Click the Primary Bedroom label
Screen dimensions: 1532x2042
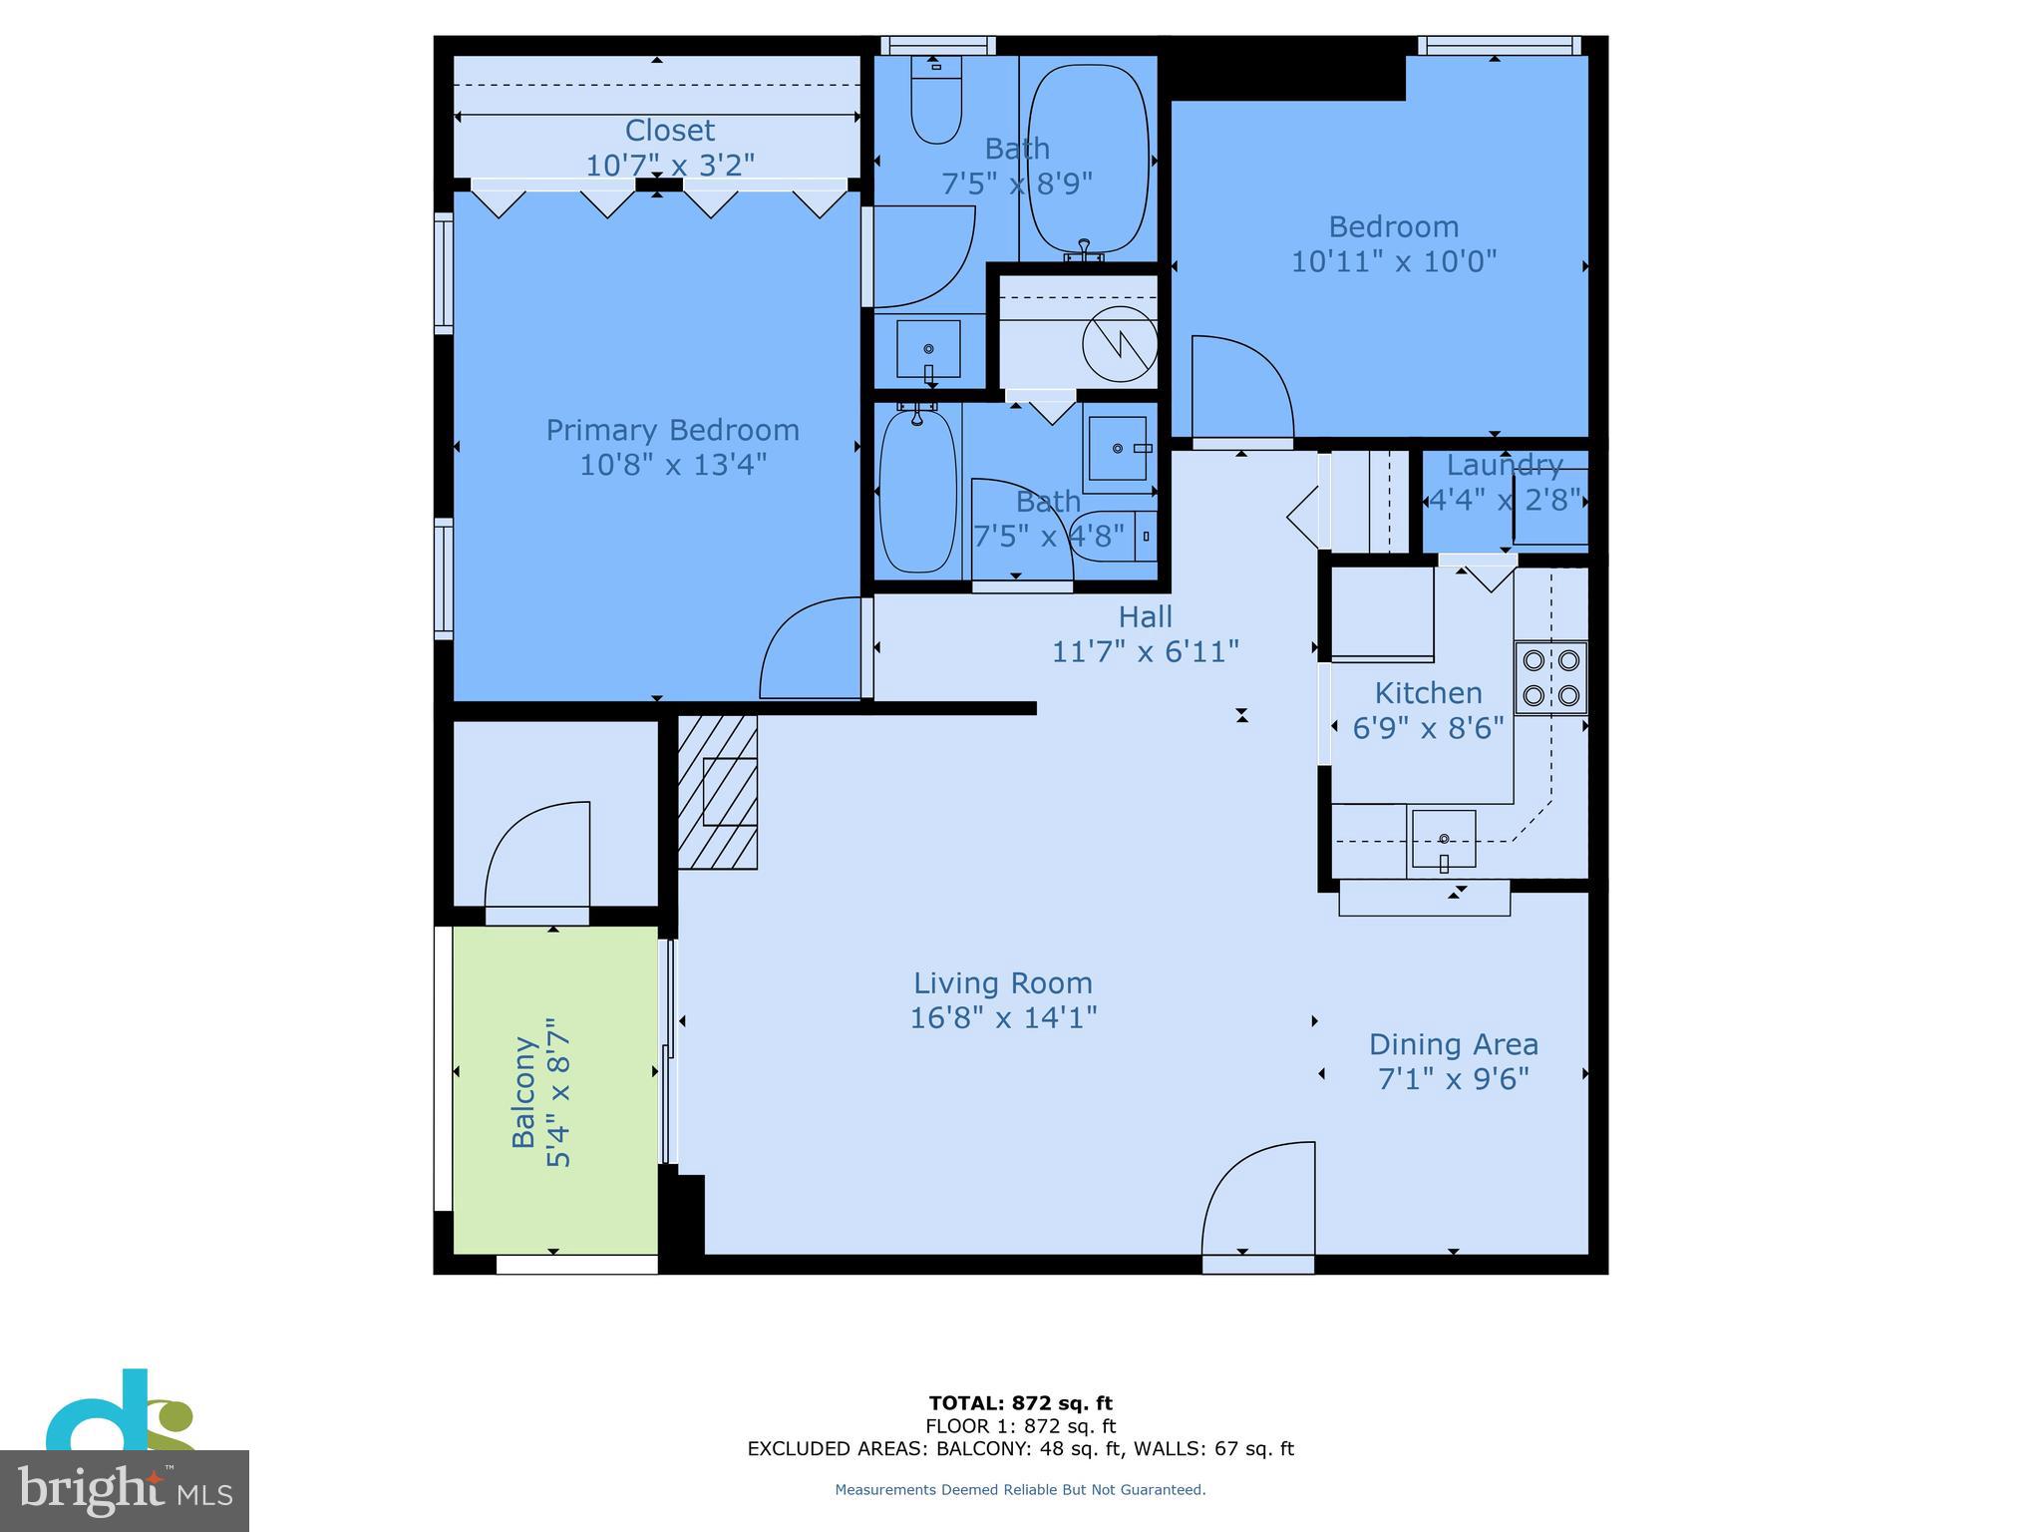click(672, 430)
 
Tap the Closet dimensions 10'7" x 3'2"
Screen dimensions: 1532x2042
click(669, 165)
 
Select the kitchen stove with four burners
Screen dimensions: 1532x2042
click(1550, 677)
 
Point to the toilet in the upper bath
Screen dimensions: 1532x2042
click(936, 105)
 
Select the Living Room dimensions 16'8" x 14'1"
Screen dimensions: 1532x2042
click(1003, 1017)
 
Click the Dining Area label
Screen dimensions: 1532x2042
click(1453, 1044)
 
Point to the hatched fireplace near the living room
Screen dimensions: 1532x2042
click(718, 791)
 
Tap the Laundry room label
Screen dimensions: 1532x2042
click(1504, 465)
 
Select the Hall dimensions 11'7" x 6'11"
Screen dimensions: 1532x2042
click(1145, 651)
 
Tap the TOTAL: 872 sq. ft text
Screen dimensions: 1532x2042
click(1020, 1403)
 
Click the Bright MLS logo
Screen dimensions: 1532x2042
click(124, 1490)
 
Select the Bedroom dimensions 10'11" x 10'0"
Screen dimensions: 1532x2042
click(1393, 261)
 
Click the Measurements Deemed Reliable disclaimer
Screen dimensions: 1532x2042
click(1020, 1489)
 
